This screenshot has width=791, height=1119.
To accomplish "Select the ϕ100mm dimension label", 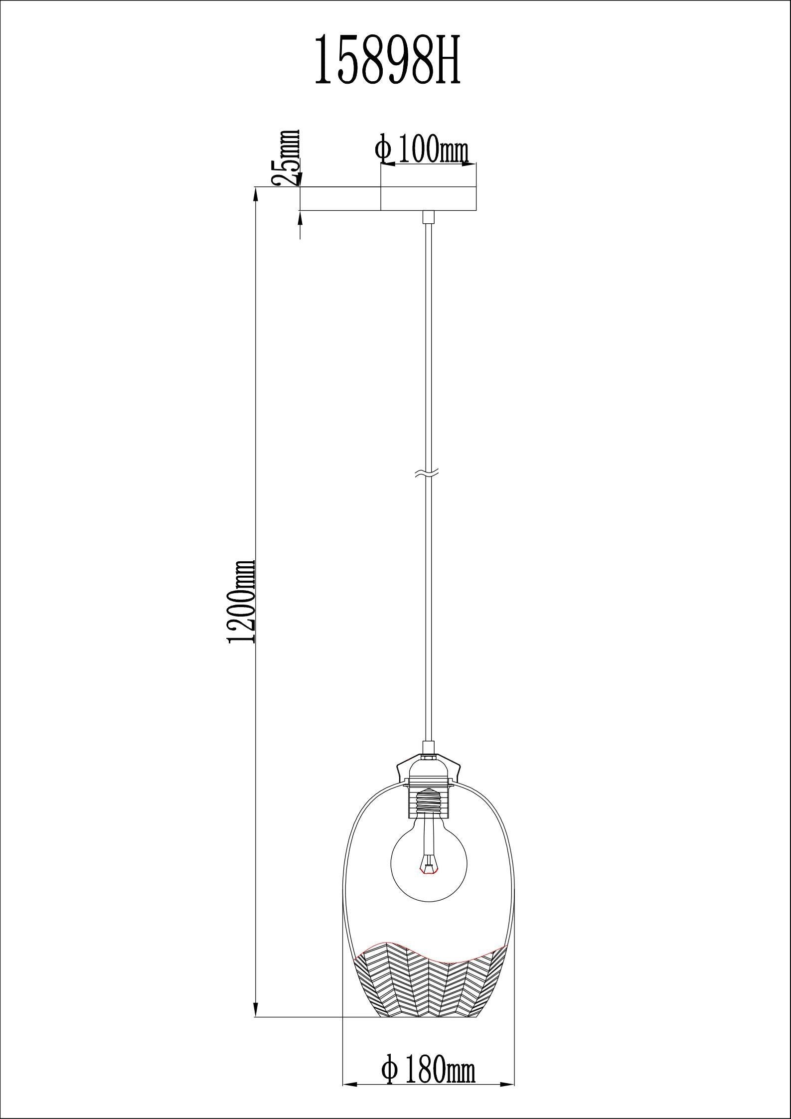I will [x=423, y=149].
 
